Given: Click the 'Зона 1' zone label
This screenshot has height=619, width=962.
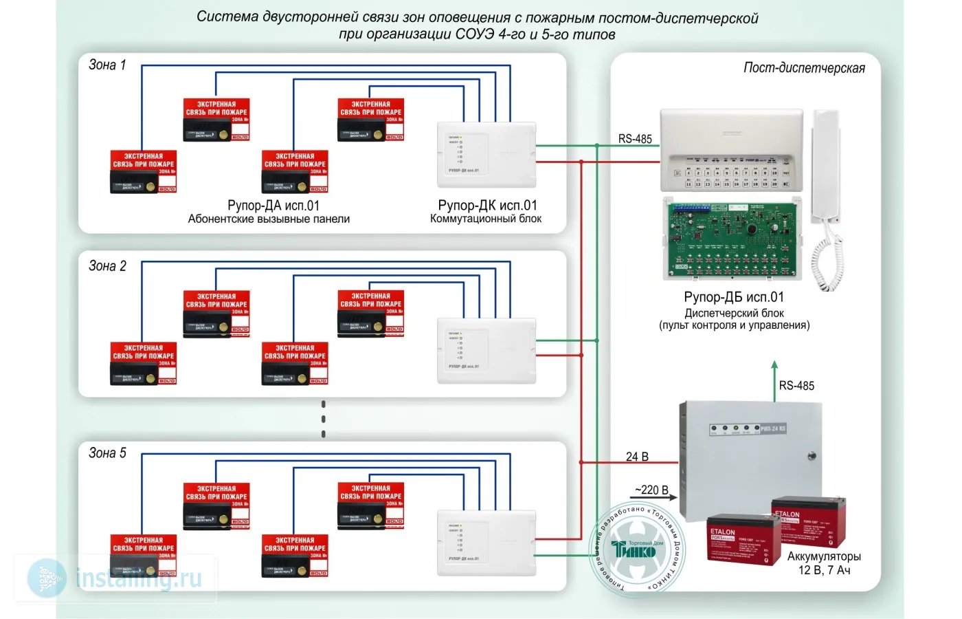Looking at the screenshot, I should [x=107, y=65].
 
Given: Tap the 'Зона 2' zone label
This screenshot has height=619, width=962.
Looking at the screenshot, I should [x=107, y=266].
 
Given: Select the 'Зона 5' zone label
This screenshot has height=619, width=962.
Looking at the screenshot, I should [x=107, y=453].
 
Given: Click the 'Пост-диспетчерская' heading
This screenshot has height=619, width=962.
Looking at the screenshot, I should [x=804, y=68].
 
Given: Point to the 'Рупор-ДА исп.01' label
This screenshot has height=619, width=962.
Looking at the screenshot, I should [x=273, y=206].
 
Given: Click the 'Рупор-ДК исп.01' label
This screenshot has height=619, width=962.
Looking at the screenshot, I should [x=487, y=206].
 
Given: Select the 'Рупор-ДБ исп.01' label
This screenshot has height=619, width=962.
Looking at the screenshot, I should [x=734, y=297].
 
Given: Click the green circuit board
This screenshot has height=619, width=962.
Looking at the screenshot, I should [x=732, y=237].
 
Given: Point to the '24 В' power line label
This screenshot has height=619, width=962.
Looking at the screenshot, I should [x=637, y=457].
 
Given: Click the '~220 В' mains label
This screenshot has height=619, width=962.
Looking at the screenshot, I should [x=651, y=490].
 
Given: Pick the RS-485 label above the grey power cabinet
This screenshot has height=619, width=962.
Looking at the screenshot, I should [x=796, y=386].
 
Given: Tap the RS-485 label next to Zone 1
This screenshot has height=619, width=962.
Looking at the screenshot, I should [x=635, y=139].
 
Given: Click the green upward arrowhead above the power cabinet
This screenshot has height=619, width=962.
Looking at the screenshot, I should [x=774, y=365].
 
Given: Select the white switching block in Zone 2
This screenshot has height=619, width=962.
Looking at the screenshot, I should [x=486, y=351].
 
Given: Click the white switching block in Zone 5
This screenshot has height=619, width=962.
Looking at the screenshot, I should [x=486, y=543].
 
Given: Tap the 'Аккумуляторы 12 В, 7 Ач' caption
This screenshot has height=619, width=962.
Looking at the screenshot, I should [x=824, y=563].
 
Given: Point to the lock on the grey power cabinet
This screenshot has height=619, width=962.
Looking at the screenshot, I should [x=812, y=456].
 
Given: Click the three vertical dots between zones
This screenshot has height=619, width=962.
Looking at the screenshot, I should [x=324, y=419].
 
